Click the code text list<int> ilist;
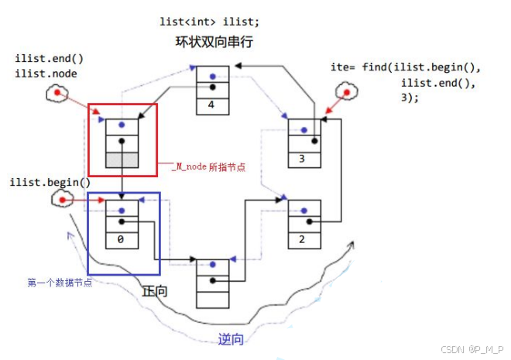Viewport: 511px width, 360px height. tap(209, 22)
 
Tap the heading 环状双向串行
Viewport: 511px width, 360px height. tap(214, 42)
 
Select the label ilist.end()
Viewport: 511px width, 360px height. tap(50, 59)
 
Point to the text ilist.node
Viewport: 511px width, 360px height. tap(46, 74)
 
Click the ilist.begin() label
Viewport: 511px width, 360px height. tap(50, 183)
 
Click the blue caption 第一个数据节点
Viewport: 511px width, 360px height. tap(60, 282)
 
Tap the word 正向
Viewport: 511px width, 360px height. tap(155, 291)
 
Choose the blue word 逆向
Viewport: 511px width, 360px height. tap(231, 339)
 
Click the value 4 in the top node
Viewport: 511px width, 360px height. tap(211, 105)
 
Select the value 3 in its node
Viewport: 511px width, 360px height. tap(302, 159)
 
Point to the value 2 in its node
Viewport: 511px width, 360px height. tap(302, 239)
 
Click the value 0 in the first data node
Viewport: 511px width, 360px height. tap(121, 239)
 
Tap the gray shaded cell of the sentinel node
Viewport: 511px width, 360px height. tap(122, 160)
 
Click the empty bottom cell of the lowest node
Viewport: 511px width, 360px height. tap(212, 300)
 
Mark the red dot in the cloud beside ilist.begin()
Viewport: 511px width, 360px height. tap(62, 200)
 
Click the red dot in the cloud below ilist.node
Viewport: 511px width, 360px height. tap(57, 93)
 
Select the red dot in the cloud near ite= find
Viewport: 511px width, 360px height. tap(347, 93)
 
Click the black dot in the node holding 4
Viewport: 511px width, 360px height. tap(213, 87)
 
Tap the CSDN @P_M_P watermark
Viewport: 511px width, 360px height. tap(472, 349)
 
